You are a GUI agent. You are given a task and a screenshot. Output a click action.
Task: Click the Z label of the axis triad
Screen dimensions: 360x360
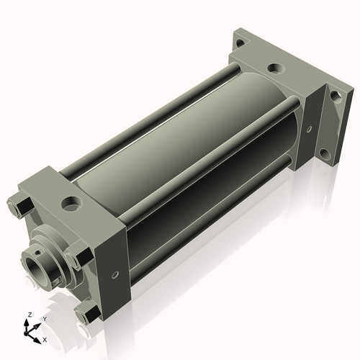point(30,315)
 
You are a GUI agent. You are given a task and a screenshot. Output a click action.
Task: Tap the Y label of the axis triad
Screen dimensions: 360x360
point(45,319)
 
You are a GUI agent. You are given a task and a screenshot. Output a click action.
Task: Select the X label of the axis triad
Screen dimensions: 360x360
point(45,340)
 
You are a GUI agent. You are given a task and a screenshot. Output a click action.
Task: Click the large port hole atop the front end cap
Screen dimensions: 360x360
point(72,203)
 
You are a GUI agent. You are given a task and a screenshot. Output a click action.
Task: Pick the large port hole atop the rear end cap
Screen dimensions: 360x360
point(276,68)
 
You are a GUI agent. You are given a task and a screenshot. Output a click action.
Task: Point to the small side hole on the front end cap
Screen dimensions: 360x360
point(115,275)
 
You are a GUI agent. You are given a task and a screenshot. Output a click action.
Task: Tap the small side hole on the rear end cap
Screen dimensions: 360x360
point(310,130)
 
